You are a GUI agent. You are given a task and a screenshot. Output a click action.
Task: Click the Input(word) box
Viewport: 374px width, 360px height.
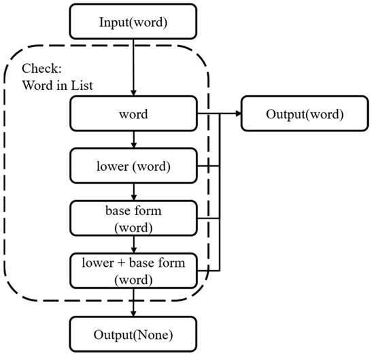[133, 22]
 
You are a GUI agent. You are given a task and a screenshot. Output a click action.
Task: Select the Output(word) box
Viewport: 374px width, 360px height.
[305, 114]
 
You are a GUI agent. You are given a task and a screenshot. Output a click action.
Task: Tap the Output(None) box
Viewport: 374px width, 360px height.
[133, 334]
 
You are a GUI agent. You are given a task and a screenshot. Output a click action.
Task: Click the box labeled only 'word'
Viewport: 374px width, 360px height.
[133, 114]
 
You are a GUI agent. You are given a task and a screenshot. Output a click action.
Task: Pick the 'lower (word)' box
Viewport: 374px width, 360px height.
[133, 166]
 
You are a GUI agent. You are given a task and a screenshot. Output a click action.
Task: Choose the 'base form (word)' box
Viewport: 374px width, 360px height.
[133, 218]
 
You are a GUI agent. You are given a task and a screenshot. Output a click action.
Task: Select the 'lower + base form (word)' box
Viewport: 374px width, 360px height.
[133, 271]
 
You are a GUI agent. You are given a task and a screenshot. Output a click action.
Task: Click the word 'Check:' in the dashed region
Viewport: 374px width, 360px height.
[41, 69]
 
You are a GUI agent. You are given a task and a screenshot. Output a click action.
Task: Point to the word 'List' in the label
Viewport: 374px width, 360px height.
[82, 86]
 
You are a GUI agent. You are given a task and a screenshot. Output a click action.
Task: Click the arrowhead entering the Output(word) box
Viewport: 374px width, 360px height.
[239, 114]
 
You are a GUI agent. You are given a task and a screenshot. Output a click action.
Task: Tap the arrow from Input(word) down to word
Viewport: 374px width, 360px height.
[133, 67]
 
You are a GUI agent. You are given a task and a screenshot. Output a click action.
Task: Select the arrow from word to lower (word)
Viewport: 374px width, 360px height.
[133, 140]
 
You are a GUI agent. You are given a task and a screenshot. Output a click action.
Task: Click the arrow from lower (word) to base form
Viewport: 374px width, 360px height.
[133, 192]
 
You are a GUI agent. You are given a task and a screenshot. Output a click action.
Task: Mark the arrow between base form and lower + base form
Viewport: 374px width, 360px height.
[133, 244]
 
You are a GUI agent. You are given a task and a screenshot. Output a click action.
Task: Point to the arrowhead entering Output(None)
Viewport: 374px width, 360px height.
[133, 314]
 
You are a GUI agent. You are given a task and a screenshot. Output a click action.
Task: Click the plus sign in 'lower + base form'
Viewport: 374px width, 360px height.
[121, 263]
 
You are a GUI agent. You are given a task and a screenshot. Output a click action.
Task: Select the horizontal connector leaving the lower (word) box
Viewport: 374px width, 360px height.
[209, 165]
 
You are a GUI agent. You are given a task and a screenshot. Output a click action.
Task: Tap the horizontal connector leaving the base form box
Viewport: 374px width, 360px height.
[209, 218]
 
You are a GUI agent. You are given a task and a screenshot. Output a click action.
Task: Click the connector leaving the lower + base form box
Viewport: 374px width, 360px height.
[209, 271]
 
